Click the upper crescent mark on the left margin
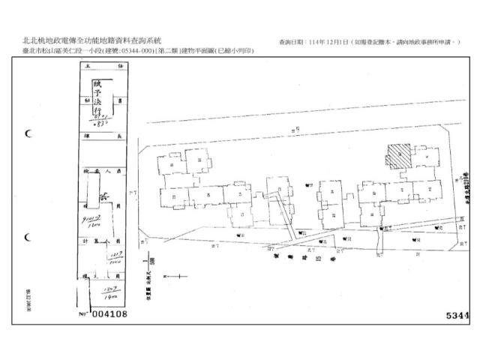(28, 134)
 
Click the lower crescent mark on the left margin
(28, 237)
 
